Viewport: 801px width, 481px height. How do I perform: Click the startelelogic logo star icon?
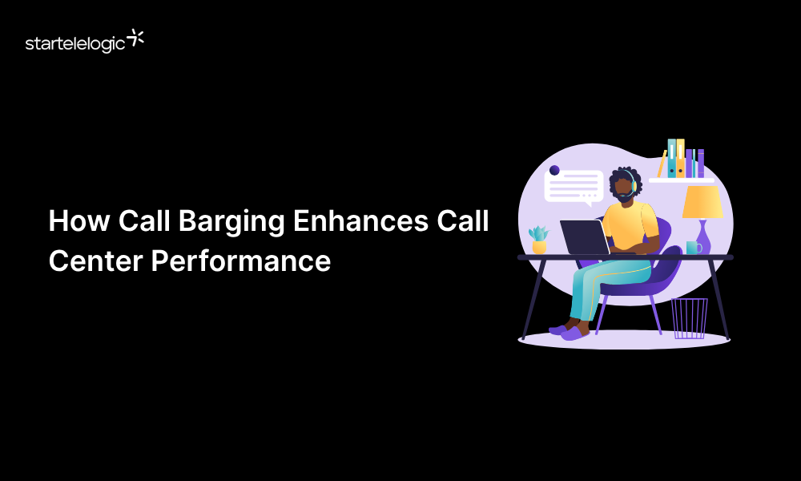click(x=136, y=37)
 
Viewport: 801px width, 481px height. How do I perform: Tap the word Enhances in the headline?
click(x=359, y=221)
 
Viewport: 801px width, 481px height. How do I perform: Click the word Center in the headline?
click(x=95, y=261)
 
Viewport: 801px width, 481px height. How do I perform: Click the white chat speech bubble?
click(x=574, y=186)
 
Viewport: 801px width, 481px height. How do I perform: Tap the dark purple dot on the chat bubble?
click(x=554, y=170)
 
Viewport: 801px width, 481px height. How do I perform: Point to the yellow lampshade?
click(x=702, y=202)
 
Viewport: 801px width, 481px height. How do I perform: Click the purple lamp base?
click(x=703, y=239)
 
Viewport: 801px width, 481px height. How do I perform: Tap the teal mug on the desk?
click(x=692, y=249)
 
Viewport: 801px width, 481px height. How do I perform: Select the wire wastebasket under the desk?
click(x=689, y=318)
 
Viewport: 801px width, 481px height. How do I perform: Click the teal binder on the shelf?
click(x=671, y=158)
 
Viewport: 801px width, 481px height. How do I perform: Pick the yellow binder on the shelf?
click(x=680, y=158)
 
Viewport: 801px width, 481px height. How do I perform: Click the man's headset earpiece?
click(x=634, y=186)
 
